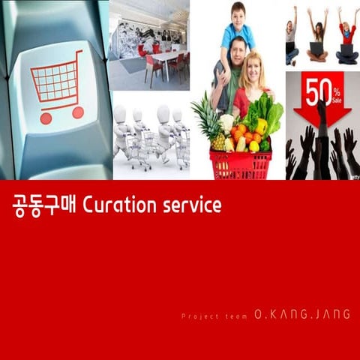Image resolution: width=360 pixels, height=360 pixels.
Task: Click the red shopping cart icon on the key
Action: click(56, 85)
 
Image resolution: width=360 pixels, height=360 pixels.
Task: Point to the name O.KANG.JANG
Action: click(301, 314)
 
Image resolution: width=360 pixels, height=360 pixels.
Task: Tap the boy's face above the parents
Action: click(238, 15)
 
